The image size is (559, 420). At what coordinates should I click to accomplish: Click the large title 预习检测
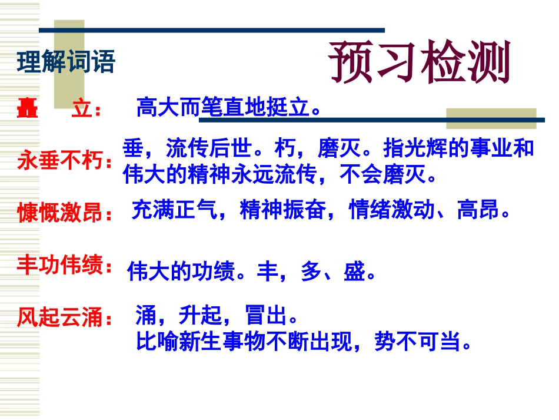click(420, 62)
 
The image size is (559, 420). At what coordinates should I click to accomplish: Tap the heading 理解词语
click(66, 62)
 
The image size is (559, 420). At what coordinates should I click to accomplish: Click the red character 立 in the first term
click(81, 109)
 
